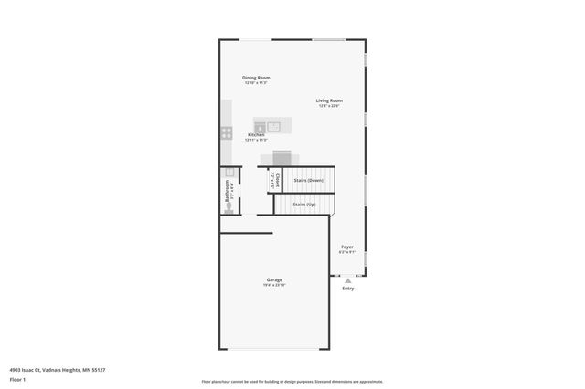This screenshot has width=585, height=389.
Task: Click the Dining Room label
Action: pos(256,78)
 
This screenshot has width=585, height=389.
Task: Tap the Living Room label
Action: pos(329,100)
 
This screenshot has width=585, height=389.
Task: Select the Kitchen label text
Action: pos(256,134)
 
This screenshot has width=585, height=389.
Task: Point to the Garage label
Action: pos(274,279)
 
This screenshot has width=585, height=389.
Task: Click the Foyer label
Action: pos(347,247)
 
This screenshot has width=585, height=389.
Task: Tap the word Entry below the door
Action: pos(347,289)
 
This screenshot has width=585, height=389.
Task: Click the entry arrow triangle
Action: pos(346,279)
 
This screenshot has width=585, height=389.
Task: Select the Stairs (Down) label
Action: pos(309,180)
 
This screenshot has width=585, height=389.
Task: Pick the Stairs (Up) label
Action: pos(305,205)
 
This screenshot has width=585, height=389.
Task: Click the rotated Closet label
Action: pos(276,180)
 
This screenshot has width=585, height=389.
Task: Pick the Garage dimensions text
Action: pos(274,285)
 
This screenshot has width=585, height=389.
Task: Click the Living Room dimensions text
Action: pos(329,106)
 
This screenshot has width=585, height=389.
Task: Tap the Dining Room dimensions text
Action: pos(256,83)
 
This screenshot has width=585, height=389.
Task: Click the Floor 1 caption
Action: pos(16,378)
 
